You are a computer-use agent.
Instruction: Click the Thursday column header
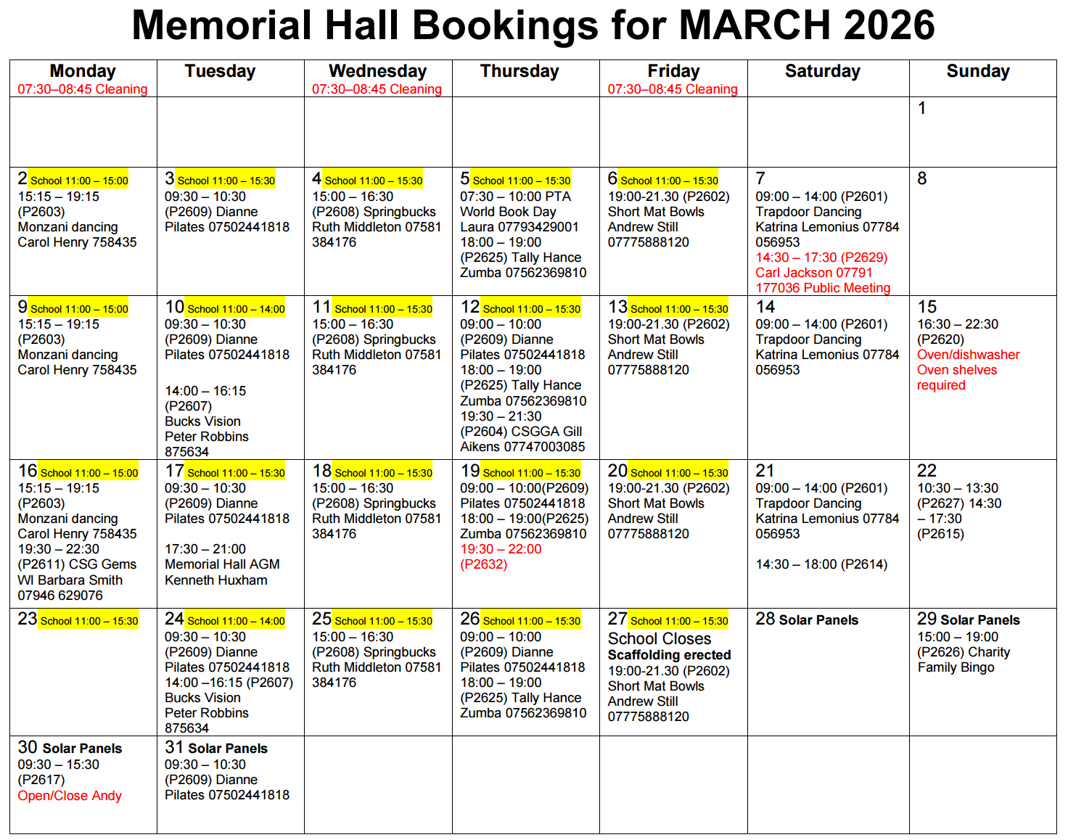tap(519, 71)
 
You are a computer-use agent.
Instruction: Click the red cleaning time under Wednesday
tap(377, 89)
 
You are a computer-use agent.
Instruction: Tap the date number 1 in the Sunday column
tap(921, 108)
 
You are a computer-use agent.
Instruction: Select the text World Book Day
tap(508, 212)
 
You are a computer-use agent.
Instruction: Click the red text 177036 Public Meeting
tap(823, 288)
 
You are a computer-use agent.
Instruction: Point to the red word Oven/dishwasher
tap(968, 355)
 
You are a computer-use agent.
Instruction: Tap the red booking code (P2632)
tap(484, 564)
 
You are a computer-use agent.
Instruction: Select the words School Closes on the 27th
tap(660, 639)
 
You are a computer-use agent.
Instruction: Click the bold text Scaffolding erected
tap(669, 655)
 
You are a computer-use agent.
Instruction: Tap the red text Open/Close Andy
tap(70, 796)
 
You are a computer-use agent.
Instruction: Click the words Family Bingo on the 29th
tap(956, 667)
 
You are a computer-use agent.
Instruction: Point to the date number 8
tap(921, 178)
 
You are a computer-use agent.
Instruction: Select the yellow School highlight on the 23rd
tap(89, 621)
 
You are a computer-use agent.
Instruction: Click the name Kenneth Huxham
tap(216, 580)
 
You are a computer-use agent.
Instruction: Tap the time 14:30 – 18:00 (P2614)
tap(821, 564)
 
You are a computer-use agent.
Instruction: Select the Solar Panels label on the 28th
tap(818, 620)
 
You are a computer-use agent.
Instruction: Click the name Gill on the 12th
tap(572, 432)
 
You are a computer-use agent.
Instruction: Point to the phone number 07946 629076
tap(60, 596)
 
